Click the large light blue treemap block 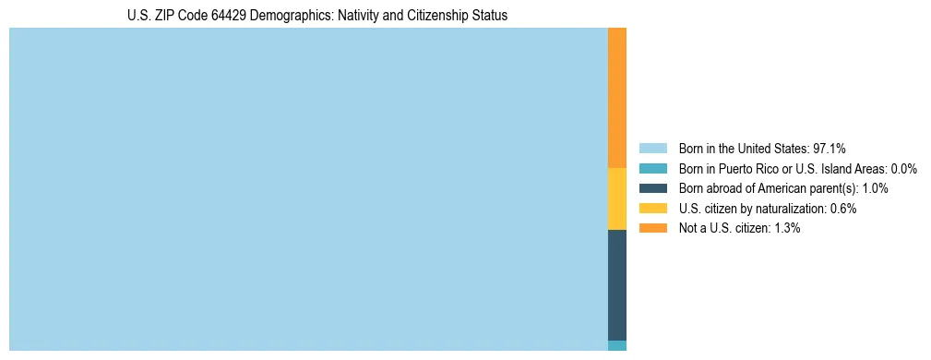(x=308, y=189)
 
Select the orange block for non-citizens (x=617, y=98)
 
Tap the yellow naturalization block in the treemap (x=617, y=198)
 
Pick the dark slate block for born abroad (x=617, y=284)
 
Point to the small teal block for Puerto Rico (x=617, y=345)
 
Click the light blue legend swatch (x=652, y=149)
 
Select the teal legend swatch (x=652, y=169)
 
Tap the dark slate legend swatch (x=652, y=188)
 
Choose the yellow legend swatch (x=652, y=209)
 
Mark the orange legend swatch (x=652, y=228)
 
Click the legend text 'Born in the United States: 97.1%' (x=762, y=149)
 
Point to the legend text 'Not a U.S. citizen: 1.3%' (x=739, y=228)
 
